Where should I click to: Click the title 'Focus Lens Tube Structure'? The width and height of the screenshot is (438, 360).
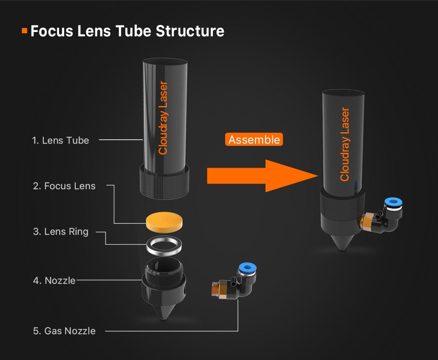coord(127,31)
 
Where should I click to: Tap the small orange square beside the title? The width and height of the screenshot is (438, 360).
coord(25,31)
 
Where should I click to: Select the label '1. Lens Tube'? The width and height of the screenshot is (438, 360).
coord(60,140)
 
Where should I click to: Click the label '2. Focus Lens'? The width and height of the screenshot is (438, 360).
coord(64,186)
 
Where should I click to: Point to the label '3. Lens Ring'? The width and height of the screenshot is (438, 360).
coord(60,232)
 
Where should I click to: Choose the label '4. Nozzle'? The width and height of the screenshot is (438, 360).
coord(54,280)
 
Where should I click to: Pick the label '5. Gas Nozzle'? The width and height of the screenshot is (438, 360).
coord(64,331)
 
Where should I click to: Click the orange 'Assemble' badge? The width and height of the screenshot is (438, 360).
coord(254,139)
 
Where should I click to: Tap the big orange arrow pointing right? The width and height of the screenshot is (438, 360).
coord(262,176)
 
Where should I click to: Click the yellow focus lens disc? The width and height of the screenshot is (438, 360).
coord(164,222)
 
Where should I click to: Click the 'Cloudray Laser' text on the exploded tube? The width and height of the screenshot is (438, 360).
coord(163,117)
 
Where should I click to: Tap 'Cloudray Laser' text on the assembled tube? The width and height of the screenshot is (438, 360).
coord(345,145)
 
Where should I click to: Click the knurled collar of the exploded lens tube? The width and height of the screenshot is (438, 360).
coord(164,183)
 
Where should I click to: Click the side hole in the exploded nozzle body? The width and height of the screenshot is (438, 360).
coord(184,289)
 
